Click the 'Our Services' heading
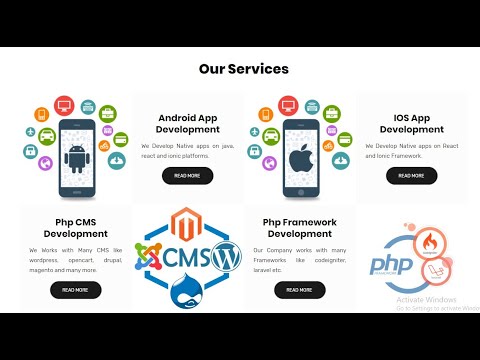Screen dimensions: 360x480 click(243, 69)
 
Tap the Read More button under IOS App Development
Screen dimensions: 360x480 click(411, 176)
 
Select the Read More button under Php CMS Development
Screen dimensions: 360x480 click(75, 290)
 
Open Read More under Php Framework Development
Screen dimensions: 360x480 click(298, 290)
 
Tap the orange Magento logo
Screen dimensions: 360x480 click(186, 223)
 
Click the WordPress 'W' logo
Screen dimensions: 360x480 click(225, 257)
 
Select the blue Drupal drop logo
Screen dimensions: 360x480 click(187, 294)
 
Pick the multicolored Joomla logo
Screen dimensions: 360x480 click(149, 258)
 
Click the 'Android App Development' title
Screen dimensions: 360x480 click(187, 123)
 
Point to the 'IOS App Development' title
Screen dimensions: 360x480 click(411, 123)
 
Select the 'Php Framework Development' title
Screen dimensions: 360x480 click(298, 227)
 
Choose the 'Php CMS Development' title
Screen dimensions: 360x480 click(75, 227)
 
